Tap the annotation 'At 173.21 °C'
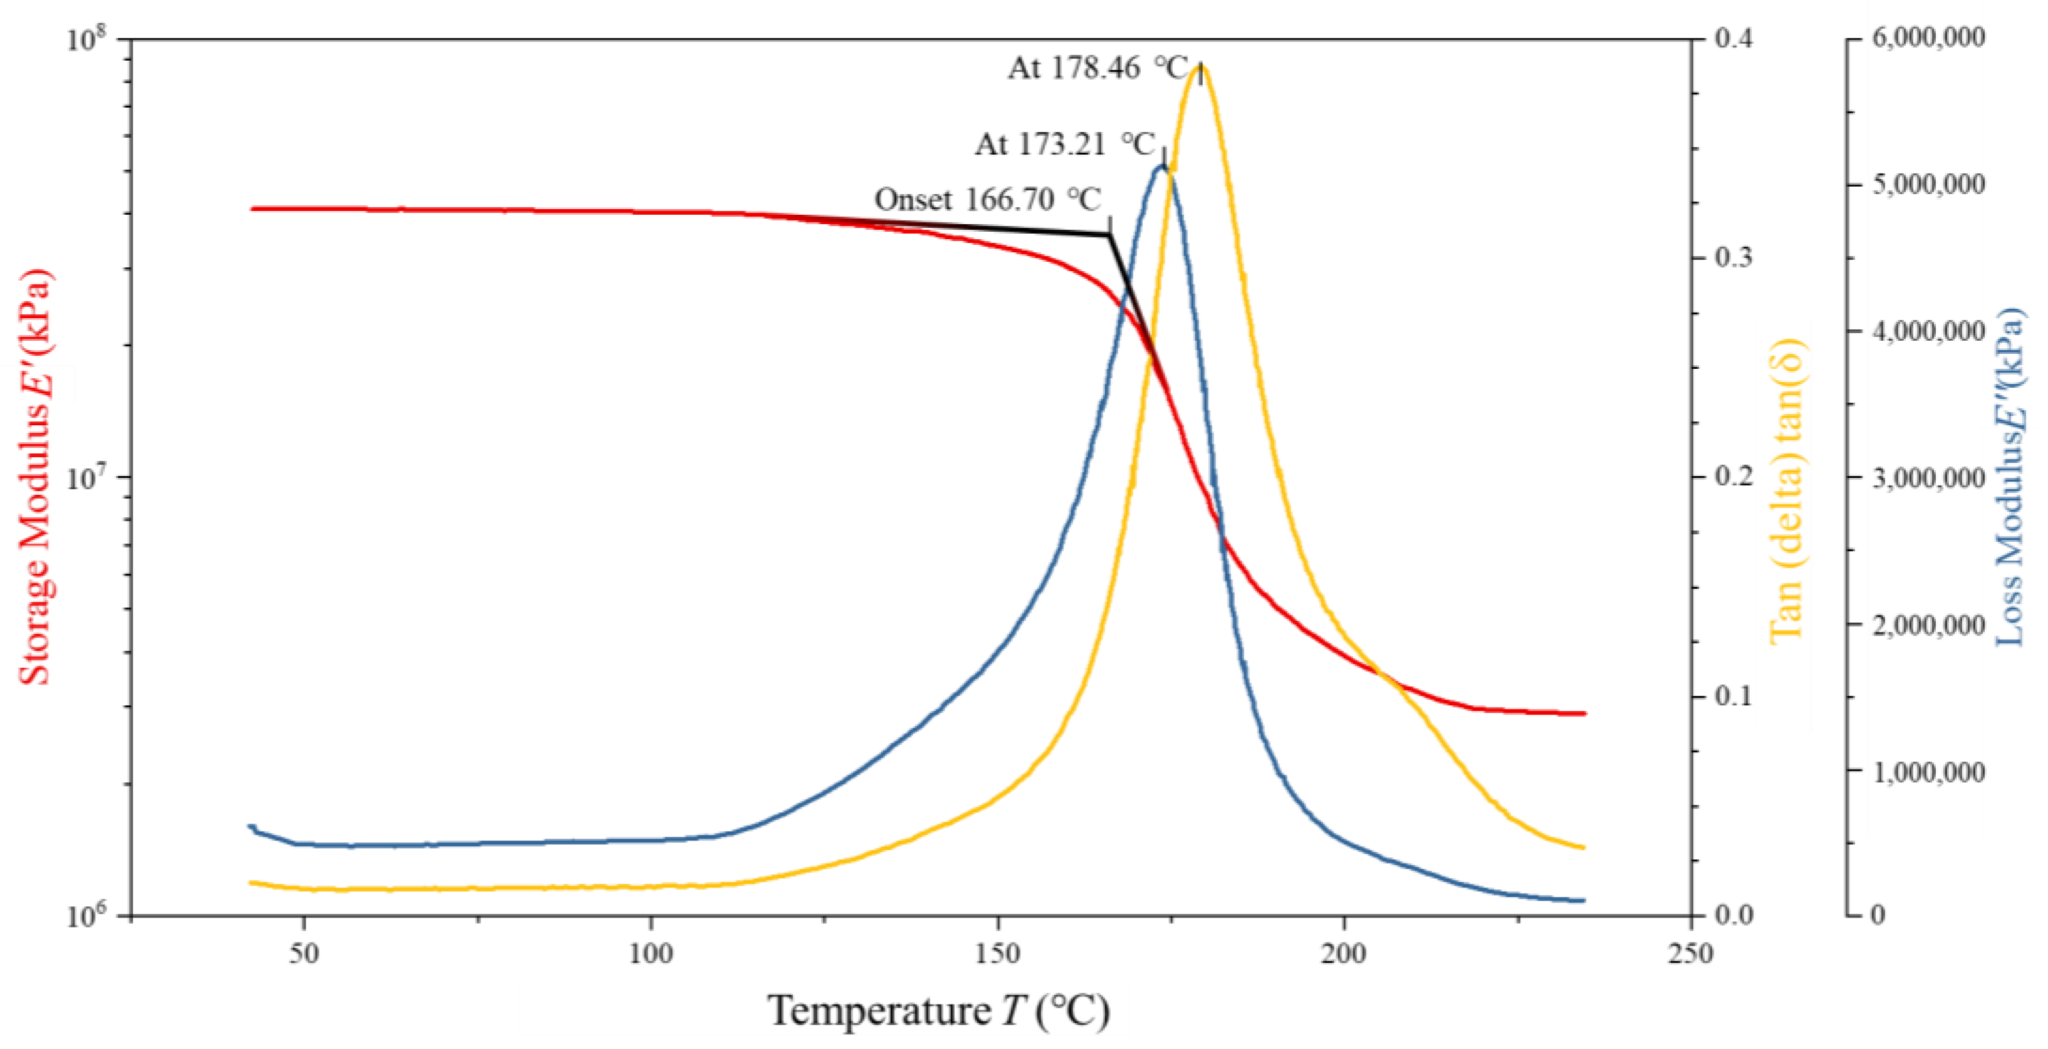[x=1064, y=145]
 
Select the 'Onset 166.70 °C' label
[x=987, y=199]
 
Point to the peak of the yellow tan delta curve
[x=1199, y=65]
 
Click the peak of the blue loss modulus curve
[x=1162, y=166]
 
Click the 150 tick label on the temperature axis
[x=998, y=953]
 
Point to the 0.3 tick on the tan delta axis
[x=1733, y=257]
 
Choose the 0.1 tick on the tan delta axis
[x=1733, y=696]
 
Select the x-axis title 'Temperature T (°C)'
[x=938, y=1011]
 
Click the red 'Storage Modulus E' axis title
[x=35, y=477]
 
